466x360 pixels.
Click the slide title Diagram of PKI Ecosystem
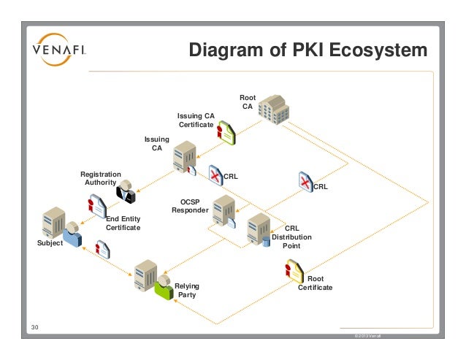pyautogui.click(x=308, y=51)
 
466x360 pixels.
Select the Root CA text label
pyautogui.click(x=248, y=103)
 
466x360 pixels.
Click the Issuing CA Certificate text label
pyautogui.click(x=196, y=120)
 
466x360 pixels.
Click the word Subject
pyautogui.click(x=50, y=243)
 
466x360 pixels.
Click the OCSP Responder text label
pyautogui.click(x=190, y=206)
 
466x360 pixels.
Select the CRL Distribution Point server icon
pyautogui.click(x=258, y=229)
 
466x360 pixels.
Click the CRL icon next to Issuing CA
pyautogui.click(x=215, y=175)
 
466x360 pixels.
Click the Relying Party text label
pyautogui.click(x=188, y=291)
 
